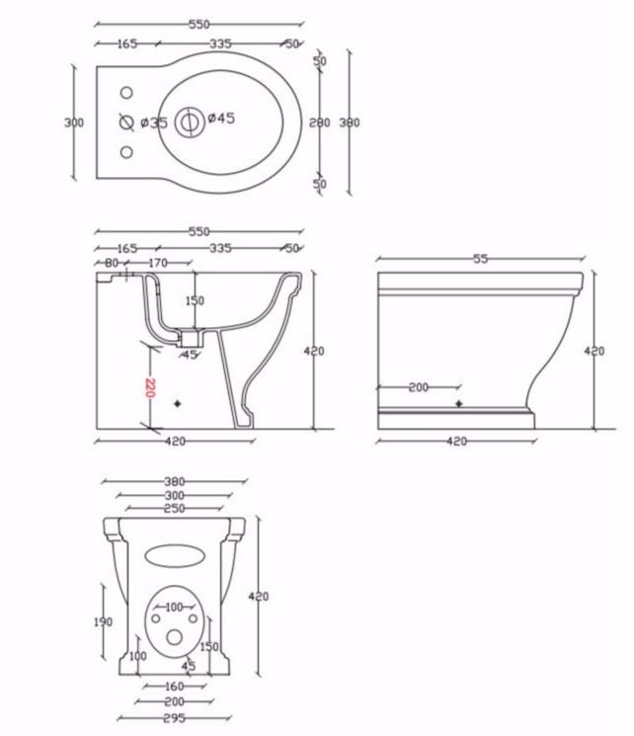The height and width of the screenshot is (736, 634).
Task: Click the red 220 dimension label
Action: pos(149,387)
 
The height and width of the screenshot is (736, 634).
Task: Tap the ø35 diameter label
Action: pos(154,123)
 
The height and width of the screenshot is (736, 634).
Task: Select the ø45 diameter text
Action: pos(221,118)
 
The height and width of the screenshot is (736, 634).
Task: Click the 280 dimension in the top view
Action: pos(320,123)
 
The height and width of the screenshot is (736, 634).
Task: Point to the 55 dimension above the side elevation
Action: pos(481,259)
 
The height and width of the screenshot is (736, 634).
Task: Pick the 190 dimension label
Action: pos(104,622)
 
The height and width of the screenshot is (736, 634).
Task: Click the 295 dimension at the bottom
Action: pos(174,717)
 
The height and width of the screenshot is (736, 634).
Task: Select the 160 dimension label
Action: pos(174,687)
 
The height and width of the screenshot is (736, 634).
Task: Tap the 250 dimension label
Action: pos(174,509)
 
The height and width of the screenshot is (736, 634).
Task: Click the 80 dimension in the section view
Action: pos(112,263)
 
